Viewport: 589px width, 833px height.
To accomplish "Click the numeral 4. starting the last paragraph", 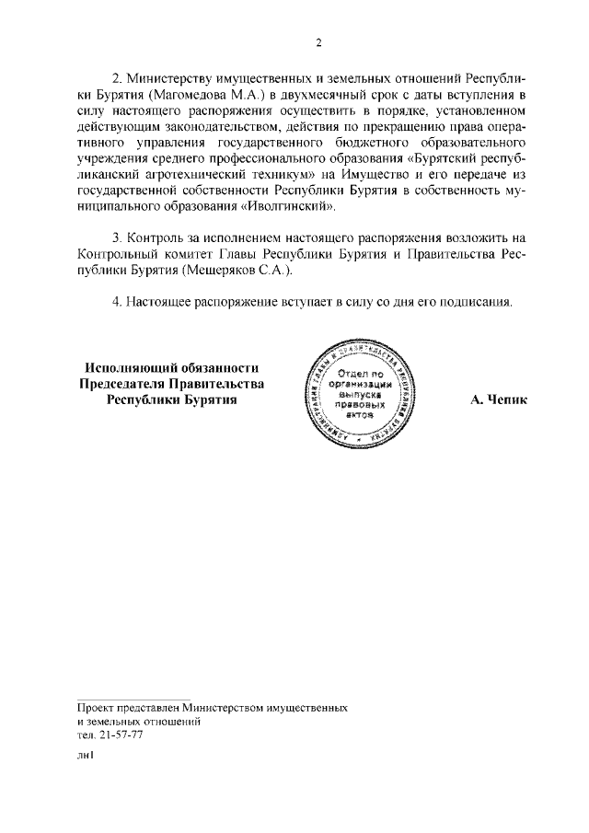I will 117,301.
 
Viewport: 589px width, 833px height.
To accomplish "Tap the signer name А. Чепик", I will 498,400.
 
